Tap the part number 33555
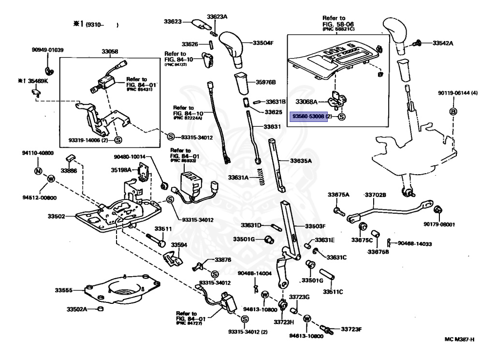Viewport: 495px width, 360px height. point(63,290)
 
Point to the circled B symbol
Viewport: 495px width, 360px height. point(453,112)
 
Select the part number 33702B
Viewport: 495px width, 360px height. point(375,195)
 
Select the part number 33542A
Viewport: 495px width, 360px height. point(443,43)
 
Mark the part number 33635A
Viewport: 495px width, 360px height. point(302,161)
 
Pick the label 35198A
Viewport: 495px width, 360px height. point(122,170)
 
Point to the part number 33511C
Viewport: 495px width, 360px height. point(333,292)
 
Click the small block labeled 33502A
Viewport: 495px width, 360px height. point(100,309)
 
